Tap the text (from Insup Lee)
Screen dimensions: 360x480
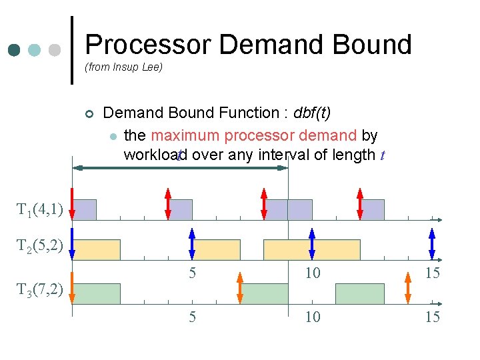click(123, 67)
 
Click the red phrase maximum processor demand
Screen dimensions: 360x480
click(253, 135)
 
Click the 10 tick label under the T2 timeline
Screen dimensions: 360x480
click(312, 273)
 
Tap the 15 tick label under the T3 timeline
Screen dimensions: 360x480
click(433, 317)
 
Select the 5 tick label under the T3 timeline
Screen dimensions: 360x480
click(192, 317)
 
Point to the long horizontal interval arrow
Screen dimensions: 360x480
click(180, 168)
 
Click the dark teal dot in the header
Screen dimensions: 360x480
click(15, 51)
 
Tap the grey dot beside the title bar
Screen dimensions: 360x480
click(55, 51)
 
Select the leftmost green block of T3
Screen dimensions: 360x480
click(96, 293)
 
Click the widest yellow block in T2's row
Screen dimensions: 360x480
click(311, 249)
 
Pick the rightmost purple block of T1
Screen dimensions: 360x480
click(372, 209)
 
